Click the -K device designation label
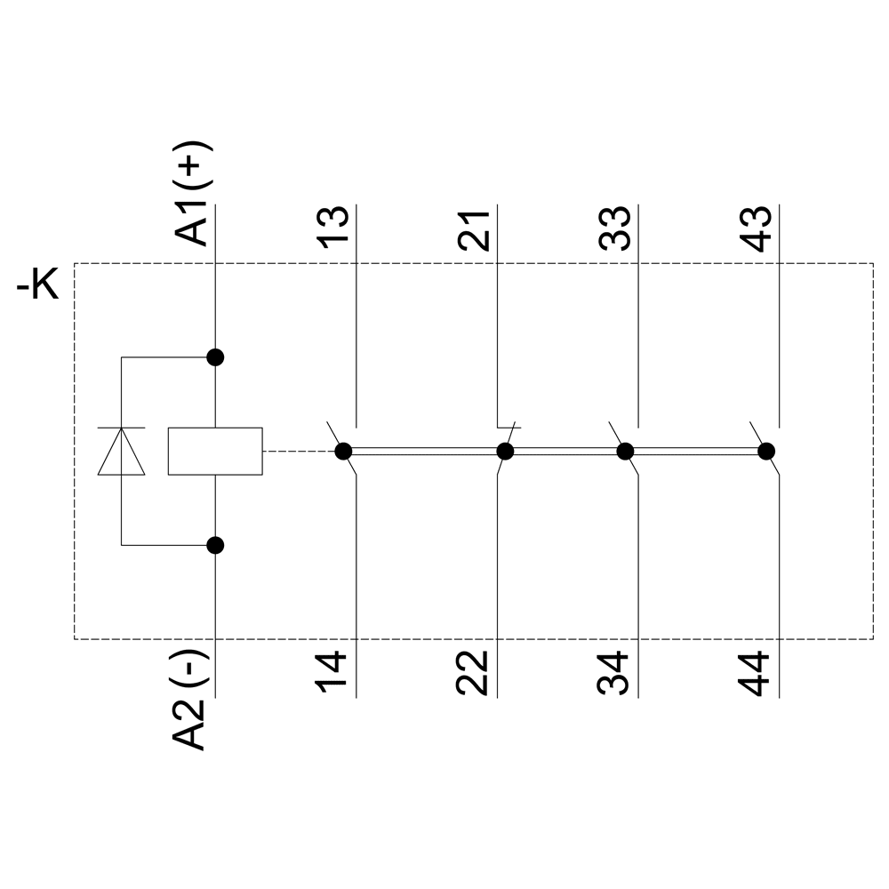38,287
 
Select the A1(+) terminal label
193,192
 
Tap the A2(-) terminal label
193,701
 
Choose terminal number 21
476,229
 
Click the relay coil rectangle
215,451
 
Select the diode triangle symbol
122,451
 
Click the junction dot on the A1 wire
215,357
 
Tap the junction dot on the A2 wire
215,545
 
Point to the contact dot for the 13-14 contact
343,451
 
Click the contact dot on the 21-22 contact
505,451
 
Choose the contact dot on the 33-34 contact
625,451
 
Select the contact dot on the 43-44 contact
766,451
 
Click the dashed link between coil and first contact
298,451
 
